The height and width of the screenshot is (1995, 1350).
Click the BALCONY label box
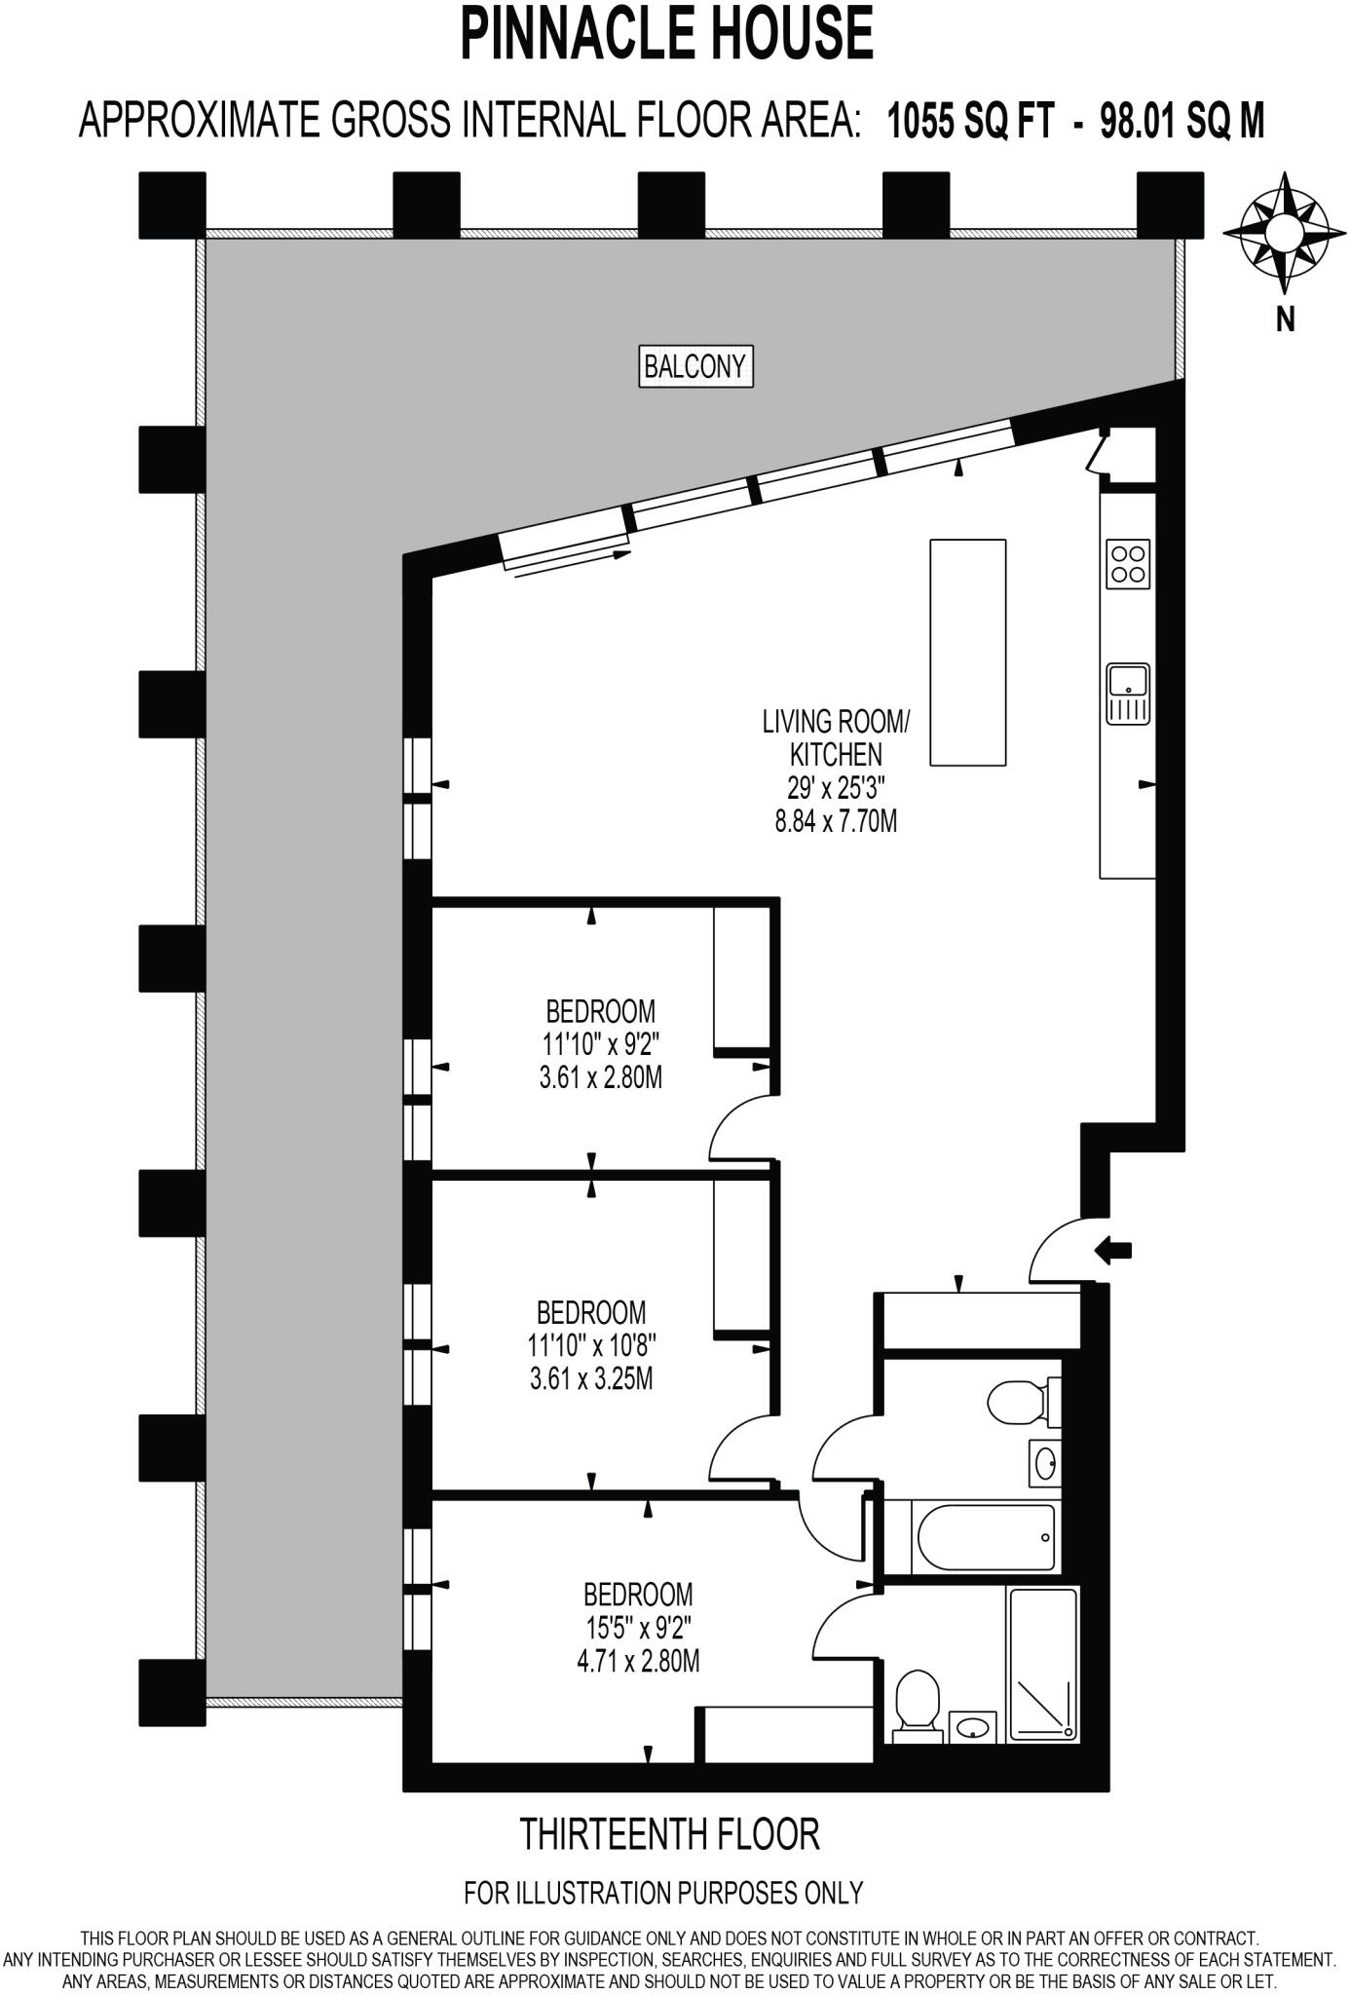coord(695,366)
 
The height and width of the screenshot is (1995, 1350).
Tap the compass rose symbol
coord(1284,233)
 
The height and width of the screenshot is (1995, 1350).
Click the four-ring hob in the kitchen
coord(1128,564)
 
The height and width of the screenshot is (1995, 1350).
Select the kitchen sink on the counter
coord(1128,693)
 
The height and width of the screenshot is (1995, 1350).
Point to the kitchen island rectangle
coord(967,652)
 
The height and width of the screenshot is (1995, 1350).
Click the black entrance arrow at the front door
coord(1114,1250)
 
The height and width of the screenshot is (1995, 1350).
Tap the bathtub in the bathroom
coord(986,1538)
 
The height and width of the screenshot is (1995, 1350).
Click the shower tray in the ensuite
coord(1043,1664)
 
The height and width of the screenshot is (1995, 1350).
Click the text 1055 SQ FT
coord(970,123)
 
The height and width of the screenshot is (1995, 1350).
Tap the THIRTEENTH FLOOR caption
coord(670,1833)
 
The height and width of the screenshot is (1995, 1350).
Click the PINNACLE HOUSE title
coord(666,33)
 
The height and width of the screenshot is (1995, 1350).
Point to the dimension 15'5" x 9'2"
coord(638,1628)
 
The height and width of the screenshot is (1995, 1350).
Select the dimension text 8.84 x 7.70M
coord(836,821)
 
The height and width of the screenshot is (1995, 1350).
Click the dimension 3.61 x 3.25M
coord(591,1378)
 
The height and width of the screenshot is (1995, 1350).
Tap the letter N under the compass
coord(1285,319)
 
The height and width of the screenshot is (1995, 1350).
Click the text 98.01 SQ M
coord(1181,123)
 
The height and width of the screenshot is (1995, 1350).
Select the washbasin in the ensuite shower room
coord(971,1727)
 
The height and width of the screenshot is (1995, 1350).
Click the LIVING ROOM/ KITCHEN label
coord(836,737)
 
